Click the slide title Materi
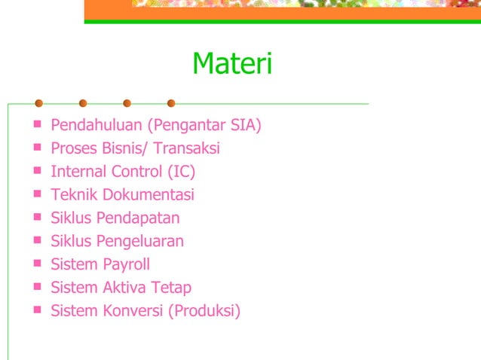pyautogui.click(x=231, y=64)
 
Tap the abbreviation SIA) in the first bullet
pyautogui.click(x=246, y=125)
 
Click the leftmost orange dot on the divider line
pyautogui.click(x=39, y=103)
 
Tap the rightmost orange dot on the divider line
pyautogui.click(x=171, y=103)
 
